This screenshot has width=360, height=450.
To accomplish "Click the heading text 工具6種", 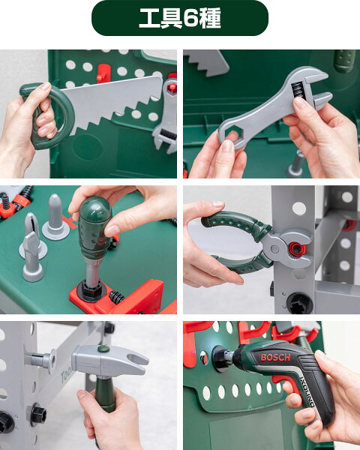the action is [x=180, y=18].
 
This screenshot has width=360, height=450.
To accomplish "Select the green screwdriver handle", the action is [x=94, y=227].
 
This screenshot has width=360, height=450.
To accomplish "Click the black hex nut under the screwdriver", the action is [x=91, y=290].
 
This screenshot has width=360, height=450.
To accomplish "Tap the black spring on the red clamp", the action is [x=116, y=298].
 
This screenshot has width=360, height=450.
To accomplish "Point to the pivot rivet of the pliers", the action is [x=274, y=249].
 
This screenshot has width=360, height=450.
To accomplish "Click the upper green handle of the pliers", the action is [x=236, y=223].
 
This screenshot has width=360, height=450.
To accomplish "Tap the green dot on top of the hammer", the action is [x=103, y=349].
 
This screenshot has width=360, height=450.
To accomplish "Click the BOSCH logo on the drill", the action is [x=275, y=358].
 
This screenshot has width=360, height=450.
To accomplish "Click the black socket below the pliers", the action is [x=298, y=303].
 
